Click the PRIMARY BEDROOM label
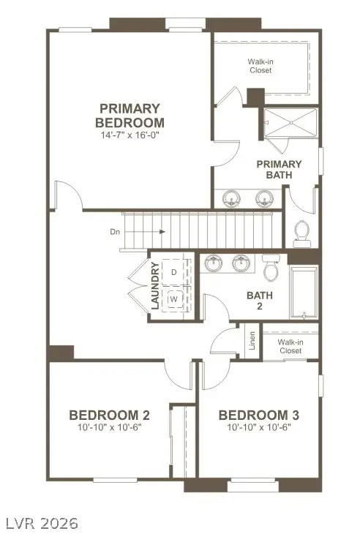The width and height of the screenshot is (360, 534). (x=130, y=116)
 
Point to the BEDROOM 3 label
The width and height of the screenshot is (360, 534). (x=258, y=415)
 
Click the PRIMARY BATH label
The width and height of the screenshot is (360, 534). (x=279, y=169)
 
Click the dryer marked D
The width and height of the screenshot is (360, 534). (x=173, y=272)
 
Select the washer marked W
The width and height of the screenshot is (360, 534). (x=173, y=298)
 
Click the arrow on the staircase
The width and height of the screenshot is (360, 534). (x=154, y=232)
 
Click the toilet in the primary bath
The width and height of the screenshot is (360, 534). (x=301, y=233)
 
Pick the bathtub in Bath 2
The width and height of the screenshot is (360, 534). (x=304, y=293)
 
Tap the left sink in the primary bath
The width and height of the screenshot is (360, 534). (x=233, y=198)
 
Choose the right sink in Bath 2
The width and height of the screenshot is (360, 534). (x=240, y=263)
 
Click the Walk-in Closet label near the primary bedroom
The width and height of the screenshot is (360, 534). (x=259, y=67)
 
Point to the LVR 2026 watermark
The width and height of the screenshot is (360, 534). (x=42, y=523)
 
